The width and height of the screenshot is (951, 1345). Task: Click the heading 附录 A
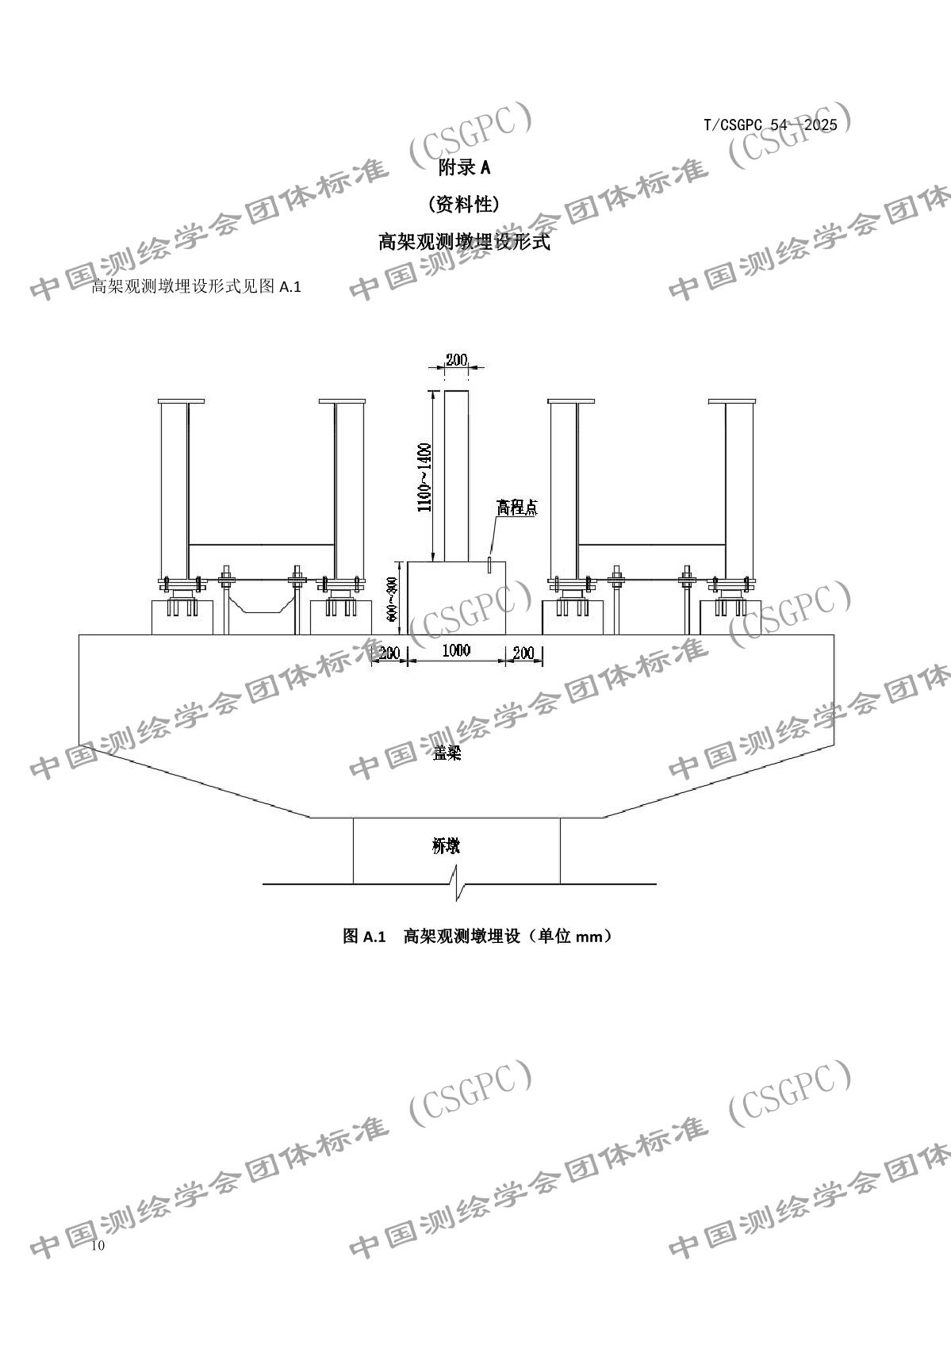click(x=465, y=167)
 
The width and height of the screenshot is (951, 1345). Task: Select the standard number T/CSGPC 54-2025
click(x=770, y=125)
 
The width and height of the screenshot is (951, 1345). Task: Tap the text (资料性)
click(x=464, y=205)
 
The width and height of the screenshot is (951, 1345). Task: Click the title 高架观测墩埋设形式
click(x=465, y=243)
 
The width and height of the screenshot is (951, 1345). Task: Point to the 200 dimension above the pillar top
click(x=456, y=360)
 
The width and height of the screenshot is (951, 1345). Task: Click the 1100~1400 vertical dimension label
click(x=425, y=477)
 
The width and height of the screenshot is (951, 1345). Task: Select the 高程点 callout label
click(x=516, y=508)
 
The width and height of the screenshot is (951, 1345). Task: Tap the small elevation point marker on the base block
click(x=490, y=564)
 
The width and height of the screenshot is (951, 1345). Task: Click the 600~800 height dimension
click(x=391, y=598)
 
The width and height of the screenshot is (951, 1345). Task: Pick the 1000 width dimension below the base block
click(x=456, y=651)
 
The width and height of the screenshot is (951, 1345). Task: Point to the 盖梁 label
click(x=447, y=753)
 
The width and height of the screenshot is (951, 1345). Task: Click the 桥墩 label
click(x=446, y=846)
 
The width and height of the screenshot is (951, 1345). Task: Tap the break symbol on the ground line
click(x=458, y=883)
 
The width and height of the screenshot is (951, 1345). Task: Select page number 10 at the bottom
click(x=98, y=1246)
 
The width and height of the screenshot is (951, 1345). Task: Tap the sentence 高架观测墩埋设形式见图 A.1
click(x=197, y=287)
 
